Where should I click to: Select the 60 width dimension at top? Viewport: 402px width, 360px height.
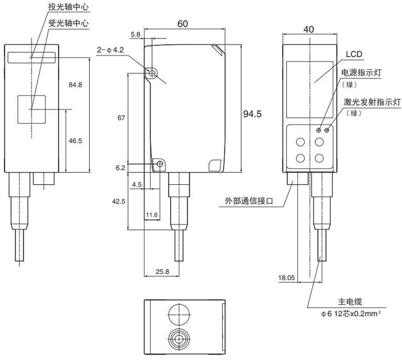click(x=182, y=24)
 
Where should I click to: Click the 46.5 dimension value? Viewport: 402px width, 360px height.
click(x=75, y=141)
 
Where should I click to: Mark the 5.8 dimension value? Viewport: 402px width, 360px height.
click(x=136, y=35)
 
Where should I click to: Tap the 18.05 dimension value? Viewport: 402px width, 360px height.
click(x=287, y=278)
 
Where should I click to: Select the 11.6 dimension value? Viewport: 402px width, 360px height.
click(x=152, y=214)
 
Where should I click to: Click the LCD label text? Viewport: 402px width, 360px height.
click(x=353, y=53)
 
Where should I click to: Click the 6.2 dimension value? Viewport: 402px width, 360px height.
click(x=120, y=168)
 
